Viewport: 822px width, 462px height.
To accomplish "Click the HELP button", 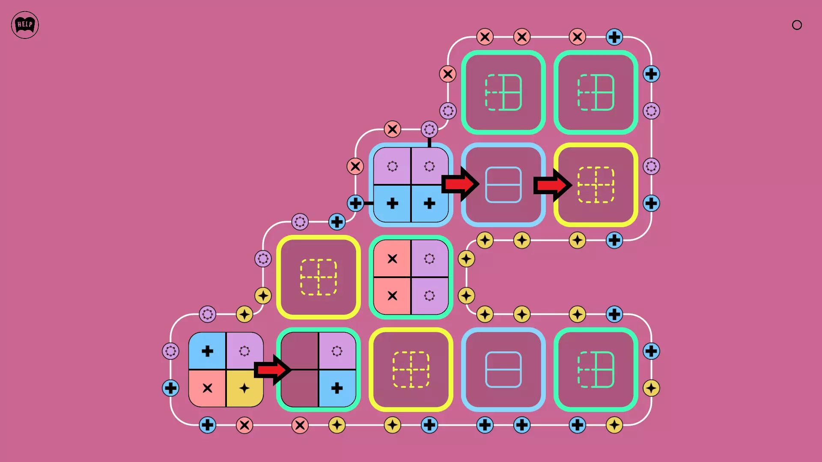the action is [x=25, y=25].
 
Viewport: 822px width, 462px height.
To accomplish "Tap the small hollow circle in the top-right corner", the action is [x=797, y=25].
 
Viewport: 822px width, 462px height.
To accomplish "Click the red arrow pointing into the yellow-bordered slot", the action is [x=552, y=185].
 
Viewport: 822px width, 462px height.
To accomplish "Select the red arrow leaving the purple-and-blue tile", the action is [x=460, y=184].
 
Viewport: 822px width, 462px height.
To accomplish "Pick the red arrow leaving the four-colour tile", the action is [x=273, y=370].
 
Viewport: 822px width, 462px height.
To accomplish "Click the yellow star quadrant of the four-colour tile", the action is [x=244, y=388].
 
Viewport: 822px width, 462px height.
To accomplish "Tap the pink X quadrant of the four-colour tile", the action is [x=207, y=388].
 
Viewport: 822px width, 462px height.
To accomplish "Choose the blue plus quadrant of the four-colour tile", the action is [x=207, y=351].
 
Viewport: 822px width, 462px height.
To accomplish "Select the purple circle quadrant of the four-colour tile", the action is [x=244, y=351].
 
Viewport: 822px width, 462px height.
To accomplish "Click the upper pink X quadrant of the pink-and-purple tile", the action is [x=392, y=258].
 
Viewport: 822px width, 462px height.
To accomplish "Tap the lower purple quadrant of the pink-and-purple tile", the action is [x=429, y=296].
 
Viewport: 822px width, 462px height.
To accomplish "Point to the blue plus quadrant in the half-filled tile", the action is [x=337, y=388].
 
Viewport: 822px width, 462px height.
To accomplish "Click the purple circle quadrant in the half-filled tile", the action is [x=337, y=351].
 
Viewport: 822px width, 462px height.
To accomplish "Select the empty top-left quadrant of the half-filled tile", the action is [x=300, y=351].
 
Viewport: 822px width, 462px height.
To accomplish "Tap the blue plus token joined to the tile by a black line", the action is [x=355, y=203].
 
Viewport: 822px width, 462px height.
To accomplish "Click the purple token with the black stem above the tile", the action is [x=429, y=129].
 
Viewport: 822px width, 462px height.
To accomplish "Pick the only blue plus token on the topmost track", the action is [x=614, y=37].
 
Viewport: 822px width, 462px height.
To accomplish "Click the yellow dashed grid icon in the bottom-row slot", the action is [x=411, y=370].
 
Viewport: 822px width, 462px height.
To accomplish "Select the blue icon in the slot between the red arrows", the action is [x=503, y=185].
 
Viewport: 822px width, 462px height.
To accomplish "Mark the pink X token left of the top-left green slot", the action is [x=448, y=74].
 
